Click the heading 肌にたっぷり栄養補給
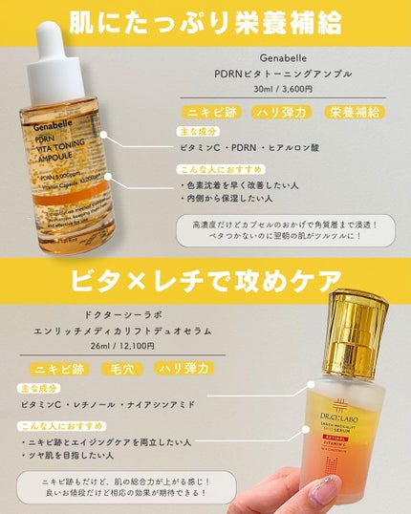click(205, 22)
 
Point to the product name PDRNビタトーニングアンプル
click(285, 74)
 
